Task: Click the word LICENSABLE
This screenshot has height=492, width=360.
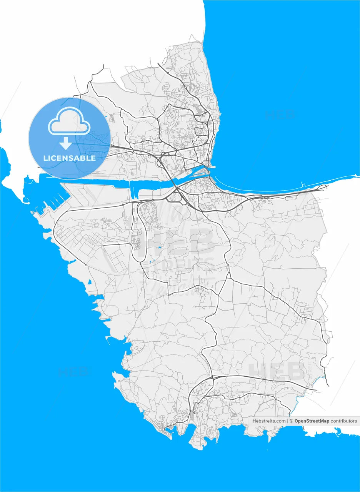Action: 70,158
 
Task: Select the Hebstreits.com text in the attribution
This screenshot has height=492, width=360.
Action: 269,421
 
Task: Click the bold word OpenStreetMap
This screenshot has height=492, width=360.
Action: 312,421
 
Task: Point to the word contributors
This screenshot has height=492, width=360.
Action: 344,421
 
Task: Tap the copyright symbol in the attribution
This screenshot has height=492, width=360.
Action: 292,421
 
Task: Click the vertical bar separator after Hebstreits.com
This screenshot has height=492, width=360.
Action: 288,421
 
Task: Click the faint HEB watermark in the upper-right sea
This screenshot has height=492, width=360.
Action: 280,114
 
